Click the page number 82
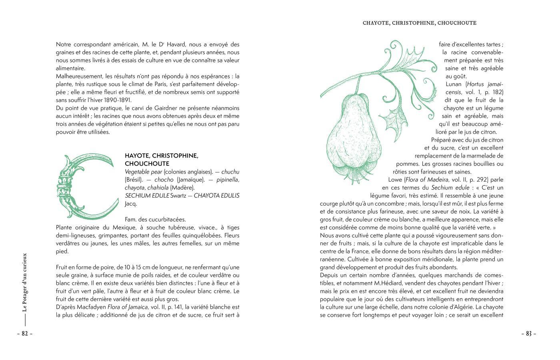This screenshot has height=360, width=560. tap(25, 334)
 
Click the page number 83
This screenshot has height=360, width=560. tap(528, 334)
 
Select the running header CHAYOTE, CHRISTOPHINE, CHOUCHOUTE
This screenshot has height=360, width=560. tap(419, 23)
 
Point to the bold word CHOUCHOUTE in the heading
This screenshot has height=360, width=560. tap(147, 164)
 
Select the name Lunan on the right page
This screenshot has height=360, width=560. tap(454, 84)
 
